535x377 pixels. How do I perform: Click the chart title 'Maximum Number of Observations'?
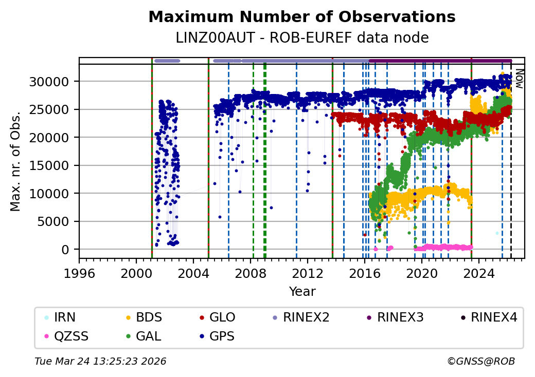click(302, 17)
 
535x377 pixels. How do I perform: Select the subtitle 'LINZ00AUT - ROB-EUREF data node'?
click(302, 37)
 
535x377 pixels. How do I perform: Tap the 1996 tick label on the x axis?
click(79, 270)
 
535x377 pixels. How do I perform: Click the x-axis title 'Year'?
click(302, 292)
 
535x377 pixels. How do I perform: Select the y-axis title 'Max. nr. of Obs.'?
click(16, 161)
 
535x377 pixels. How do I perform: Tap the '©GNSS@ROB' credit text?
click(480, 362)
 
